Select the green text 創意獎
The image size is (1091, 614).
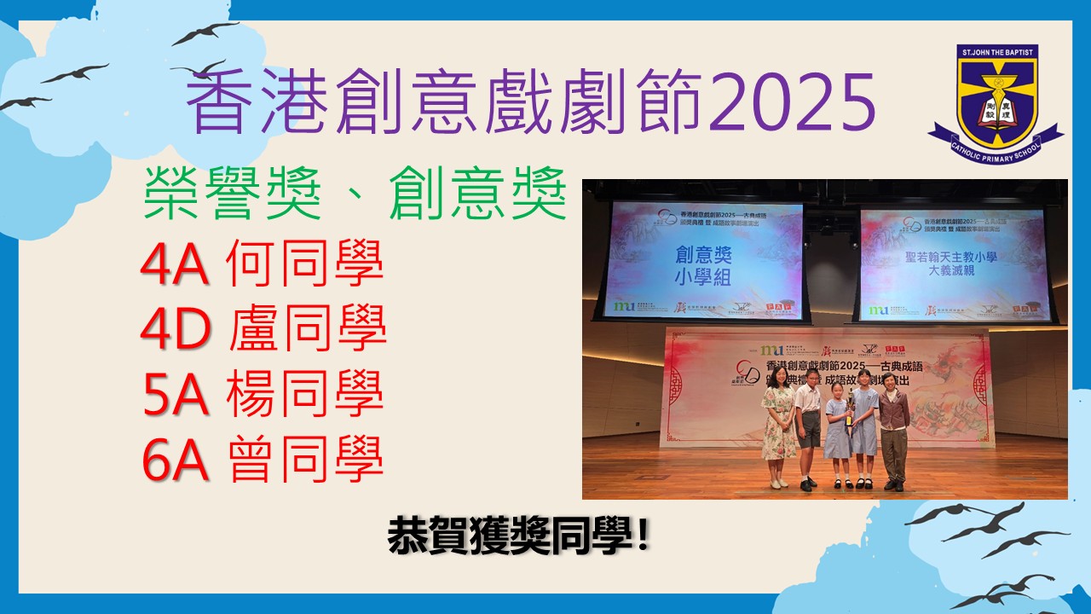[x=477, y=195]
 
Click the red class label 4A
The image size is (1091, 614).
[x=174, y=267]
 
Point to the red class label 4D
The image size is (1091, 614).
[x=176, y=332]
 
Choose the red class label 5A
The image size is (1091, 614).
[x=174, y=397]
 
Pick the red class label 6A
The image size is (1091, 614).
[x=175, y=461]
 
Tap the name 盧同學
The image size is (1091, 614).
[x=308, y=332]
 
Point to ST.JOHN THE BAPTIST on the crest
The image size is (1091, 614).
[x=996, y=52]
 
